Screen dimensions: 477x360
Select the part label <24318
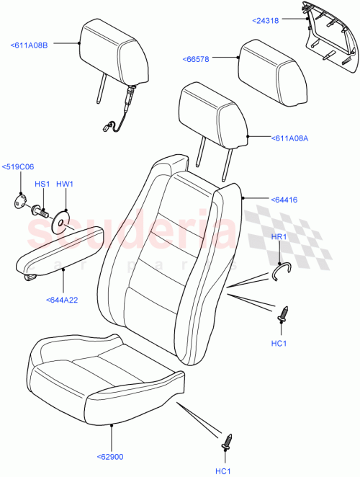(268, 20)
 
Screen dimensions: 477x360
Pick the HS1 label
(42, 184)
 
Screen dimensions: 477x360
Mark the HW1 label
(65, 184)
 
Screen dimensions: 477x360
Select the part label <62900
(112, 456)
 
